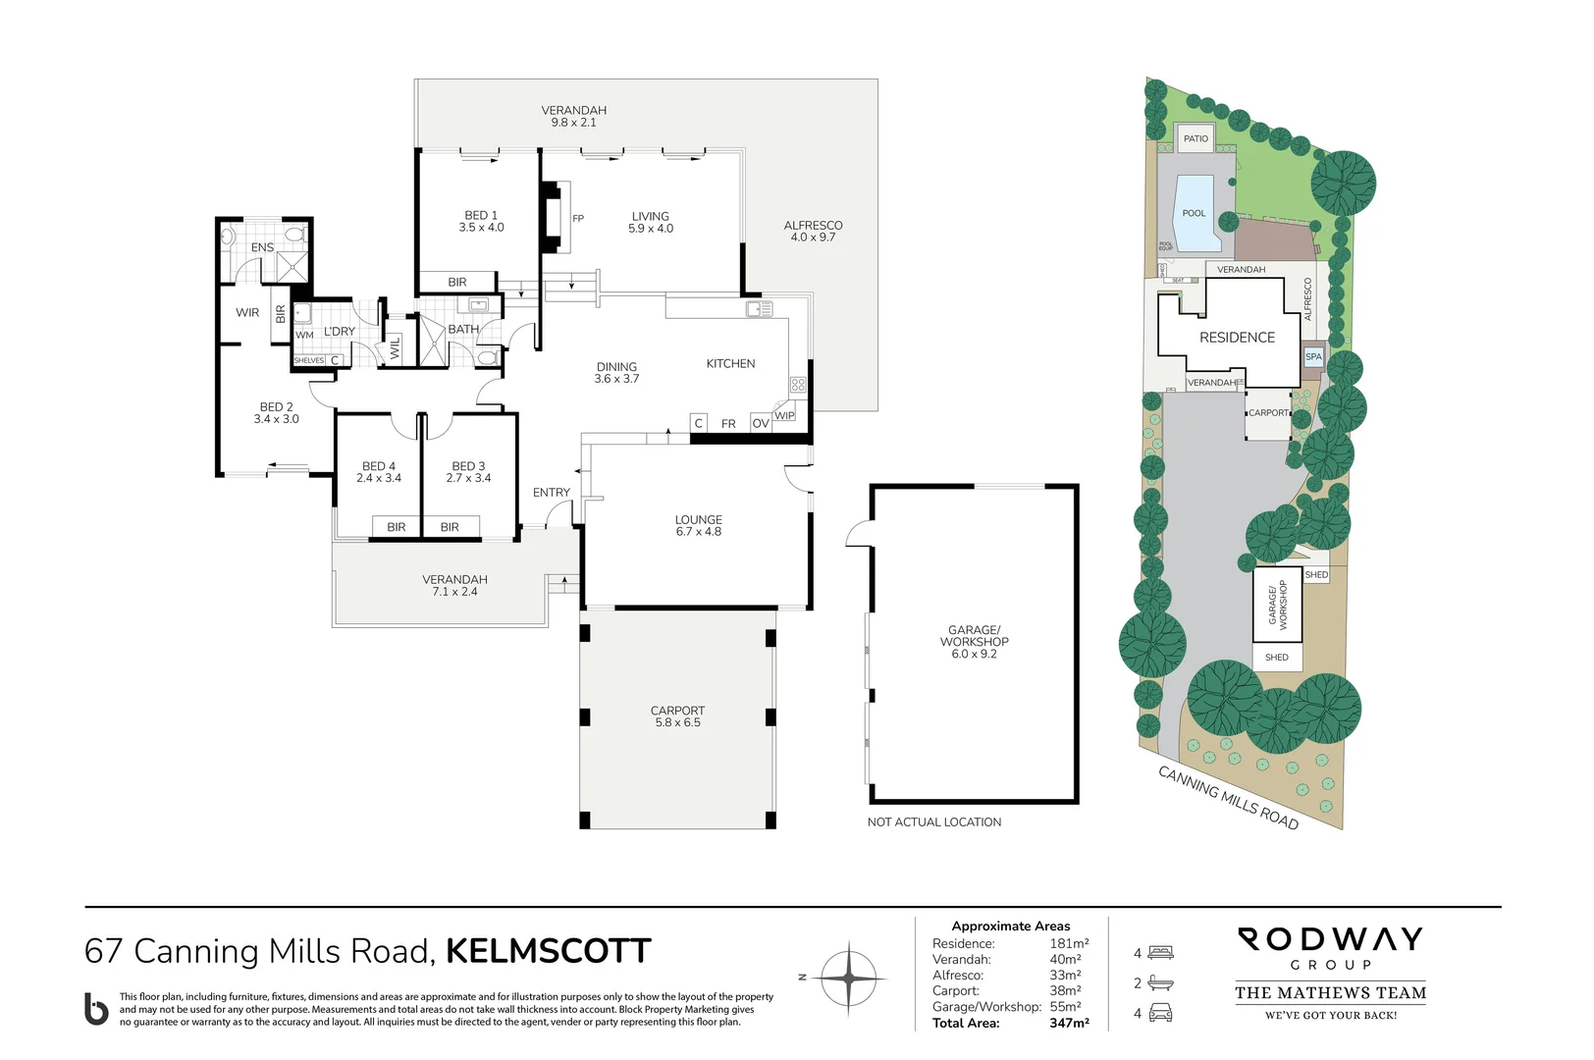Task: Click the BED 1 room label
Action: click(x=481, y=221)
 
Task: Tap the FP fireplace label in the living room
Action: click(x=578, y=219)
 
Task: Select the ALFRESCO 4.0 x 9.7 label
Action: click(x=813, y=231)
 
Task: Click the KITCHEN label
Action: click(x=730, y=363)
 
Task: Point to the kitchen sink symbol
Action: click(x=759, y=309)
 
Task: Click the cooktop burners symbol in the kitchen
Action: click(x=798, y=385)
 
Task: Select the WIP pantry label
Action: click(x=784, y=415)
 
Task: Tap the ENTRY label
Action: click(x=551, y=493)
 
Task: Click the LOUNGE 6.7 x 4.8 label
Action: click(x=698, y=525)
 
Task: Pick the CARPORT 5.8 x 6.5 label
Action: click(x=677, y=716)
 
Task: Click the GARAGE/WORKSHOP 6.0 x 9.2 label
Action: click(x=974, y=642)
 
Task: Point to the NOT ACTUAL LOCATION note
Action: click(x=933, y=822)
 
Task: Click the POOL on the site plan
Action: click(x=1194, y=214)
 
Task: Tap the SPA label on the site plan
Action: click(x=1313, y=357)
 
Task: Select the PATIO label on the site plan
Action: click(x=1195, y=138)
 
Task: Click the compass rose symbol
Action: click(x=848, y=978)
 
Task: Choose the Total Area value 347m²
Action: click(x=1069, y=1023)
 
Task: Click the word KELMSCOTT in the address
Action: click(x=548, y=951)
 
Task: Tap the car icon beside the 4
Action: click(x=1160, y=1013)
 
